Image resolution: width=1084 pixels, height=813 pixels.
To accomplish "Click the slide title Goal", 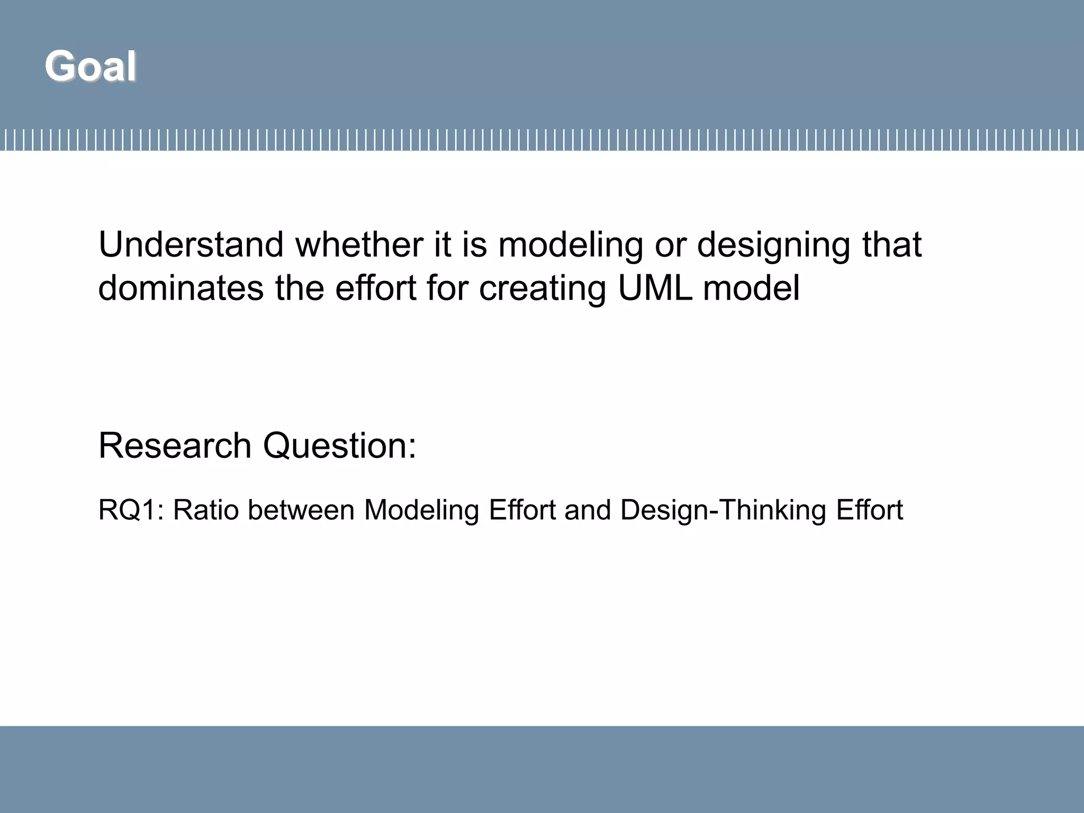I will pyautogui.click(x=91, y=66).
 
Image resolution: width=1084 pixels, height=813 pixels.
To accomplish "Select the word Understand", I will pyautogui.click(x=191, y=245).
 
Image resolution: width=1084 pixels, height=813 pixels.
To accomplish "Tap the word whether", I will pyautogui.click(x=360, y=245).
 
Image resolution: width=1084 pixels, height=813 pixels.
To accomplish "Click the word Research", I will pyautogui.click(x=175, y=445).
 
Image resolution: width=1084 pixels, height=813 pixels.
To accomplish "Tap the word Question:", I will pyautogui.click(x=339, y=446).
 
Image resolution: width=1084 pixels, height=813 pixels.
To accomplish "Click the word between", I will pyautogui.click(x=301, y=510).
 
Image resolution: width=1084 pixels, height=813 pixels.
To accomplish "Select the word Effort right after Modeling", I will pyautogui.click(x=522, y=510).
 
